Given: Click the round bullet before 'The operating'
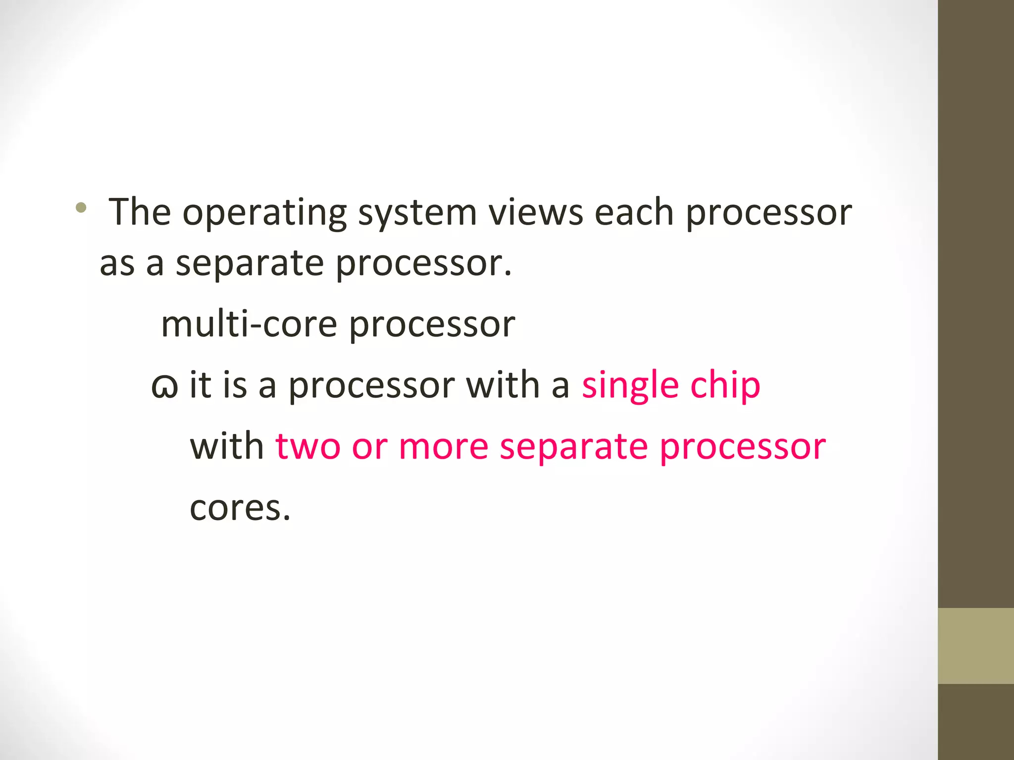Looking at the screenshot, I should (x=81, y=208).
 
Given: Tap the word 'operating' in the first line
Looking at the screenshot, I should (x=264, y=213).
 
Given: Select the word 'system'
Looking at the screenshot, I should (x=417, y=213).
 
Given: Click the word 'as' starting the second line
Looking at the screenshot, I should (x=117, y=263).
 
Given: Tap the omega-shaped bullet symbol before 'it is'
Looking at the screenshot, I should (x=164, y=386).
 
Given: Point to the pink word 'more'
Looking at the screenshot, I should (x=444, y=446).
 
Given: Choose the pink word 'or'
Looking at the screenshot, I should (x=369, y=446).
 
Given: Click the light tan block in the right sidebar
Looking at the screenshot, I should (x=975, y=646).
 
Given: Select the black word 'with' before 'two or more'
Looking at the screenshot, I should (x=227, y=446).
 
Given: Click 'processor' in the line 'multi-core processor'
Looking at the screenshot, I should (x=432, y=326).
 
